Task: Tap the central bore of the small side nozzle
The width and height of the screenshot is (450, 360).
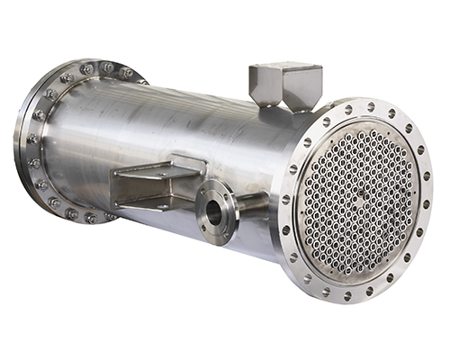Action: point(213,212)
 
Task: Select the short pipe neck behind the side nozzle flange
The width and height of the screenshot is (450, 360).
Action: point(245,203)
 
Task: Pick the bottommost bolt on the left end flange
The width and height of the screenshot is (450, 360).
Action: point(90,218)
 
